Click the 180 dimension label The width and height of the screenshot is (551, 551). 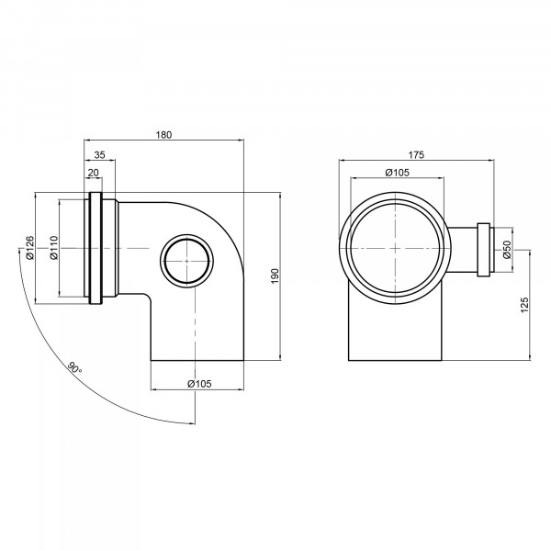pyautogui.click(x=163, y=135)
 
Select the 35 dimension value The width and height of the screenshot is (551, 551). pyautogui.click(x=100, y=155)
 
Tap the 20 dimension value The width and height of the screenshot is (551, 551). pyautogui.click(x=93, y=173)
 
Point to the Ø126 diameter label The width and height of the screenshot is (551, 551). pyautogui.click(x=30, y=247)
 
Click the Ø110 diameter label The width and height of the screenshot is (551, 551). pyautogui.click(x=53, y=247)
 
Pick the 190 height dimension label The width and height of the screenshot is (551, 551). pyautogui.click(x=275, y=276)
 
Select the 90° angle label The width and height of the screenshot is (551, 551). pyautogui.click(x=74, y=367)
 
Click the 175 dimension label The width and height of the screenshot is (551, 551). pyautogui.click(x=416, y=155)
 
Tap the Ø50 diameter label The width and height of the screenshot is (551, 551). pyautogui.click(x=506, y=250)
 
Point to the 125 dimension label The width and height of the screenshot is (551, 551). pyautogui.click(x=524, y=305)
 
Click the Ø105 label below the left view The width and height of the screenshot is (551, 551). pyautogui.click(x=199, y=384)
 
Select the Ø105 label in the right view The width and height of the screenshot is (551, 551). pyautogui.click(x=397, y=173)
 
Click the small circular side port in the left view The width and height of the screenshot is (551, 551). pyautogui.click(x=186, y=235)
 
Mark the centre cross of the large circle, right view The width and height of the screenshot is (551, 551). pyautogui.click(x=396, y=248)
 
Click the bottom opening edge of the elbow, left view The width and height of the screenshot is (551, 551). pyautogui.click(x=197, y=360)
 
